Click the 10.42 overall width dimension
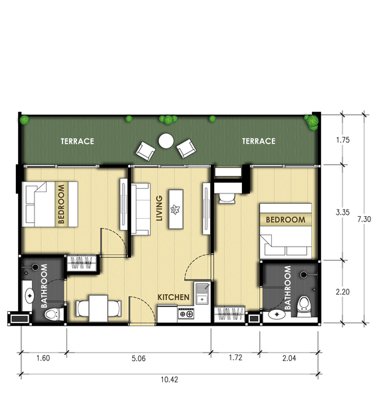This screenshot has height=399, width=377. [170, 380]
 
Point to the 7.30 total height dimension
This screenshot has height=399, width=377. [364, 219]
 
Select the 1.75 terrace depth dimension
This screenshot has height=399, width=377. [343, 140]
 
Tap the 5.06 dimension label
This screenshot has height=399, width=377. [139, 358]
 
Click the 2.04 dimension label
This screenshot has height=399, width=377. [289, 358]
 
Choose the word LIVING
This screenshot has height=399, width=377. [160, 208]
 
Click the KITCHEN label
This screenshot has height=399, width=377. [174, 297]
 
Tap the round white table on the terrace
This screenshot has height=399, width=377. [166, 141]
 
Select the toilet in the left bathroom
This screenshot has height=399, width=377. [54, 315]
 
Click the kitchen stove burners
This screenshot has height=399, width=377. [186, 314]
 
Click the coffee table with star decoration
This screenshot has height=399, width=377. [176, 209]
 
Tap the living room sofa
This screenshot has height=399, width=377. [141, 209]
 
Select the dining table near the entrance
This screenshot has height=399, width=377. [98, 308]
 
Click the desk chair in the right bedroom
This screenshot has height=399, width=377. [227, 198]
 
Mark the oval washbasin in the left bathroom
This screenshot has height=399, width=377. [29, 296]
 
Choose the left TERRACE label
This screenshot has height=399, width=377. [77, 142]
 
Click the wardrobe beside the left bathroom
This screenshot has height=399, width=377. [81, 263]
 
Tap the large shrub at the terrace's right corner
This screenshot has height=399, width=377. [312, 122]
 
